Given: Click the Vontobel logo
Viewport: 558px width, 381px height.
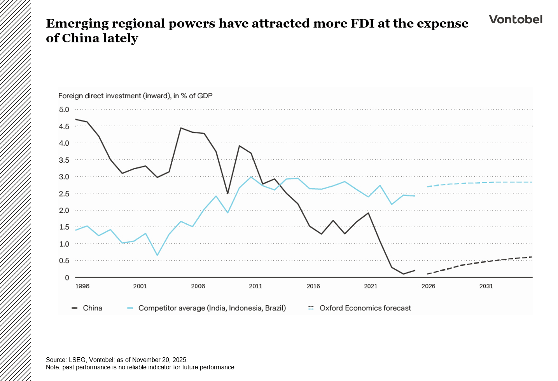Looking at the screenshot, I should coord(515,19).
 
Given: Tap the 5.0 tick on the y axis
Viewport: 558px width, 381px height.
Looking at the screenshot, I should coord(64,110).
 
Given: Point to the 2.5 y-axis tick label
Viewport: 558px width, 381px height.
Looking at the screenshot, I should coord(64,193).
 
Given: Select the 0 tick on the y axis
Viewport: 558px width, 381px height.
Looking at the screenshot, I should coord(67,278).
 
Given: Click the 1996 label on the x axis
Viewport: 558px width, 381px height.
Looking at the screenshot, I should coord(82,286).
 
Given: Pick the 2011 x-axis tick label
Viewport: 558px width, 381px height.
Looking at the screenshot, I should coord(255,286).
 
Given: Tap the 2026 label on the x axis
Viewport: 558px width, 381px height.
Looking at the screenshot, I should coord(428,286).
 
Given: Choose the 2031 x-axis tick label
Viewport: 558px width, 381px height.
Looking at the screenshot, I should coord(486,286).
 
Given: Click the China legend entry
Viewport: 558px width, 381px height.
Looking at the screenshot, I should coord(92,308).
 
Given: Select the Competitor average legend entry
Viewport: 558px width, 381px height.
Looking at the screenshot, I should coord(212,308).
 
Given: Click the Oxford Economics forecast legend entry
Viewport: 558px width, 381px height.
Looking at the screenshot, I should coord(365,308).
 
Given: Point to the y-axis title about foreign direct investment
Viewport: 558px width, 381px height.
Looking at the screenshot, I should coord(135,96).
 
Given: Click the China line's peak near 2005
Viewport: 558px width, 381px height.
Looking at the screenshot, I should coord(181,128).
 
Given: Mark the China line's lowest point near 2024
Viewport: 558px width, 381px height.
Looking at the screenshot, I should coord(403,274).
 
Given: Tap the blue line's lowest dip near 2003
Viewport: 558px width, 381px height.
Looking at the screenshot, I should coord(157,255).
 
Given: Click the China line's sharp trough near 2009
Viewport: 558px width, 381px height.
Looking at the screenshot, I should coord(227,193).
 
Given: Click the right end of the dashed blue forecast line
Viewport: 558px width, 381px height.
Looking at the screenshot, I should coord(532,182).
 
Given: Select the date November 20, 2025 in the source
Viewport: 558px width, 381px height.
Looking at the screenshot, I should coord(160,360).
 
